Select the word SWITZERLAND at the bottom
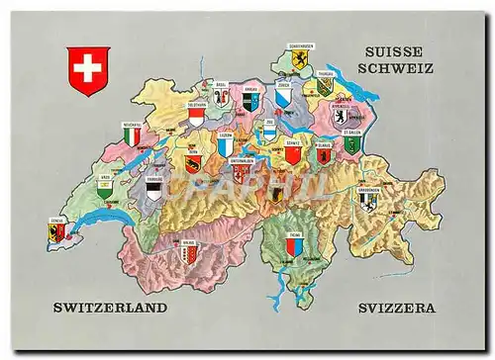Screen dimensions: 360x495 pos(110,308)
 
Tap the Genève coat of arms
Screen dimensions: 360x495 pos(58,232)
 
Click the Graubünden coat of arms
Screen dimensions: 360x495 pos(368,202)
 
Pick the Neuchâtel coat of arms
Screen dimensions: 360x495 pos(132,137)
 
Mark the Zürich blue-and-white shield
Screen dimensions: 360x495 pos(283,100)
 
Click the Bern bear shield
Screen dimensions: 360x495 pos(192,163)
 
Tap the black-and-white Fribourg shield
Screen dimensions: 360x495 pos(153,189)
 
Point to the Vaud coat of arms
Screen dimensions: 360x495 pos(105,189)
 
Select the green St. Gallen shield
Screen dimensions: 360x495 pos(351,144)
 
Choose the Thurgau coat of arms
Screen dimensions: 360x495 pos(325,87)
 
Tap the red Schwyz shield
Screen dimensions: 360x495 pos(292,154)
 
